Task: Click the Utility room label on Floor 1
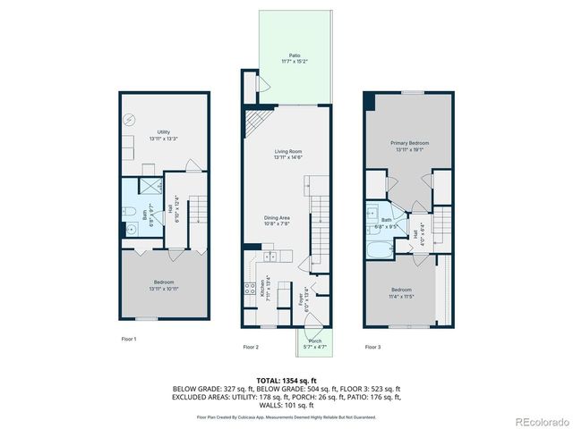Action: coord(163,135)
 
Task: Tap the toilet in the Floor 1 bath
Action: coord(131,229)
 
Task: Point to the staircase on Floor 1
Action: coord(198,214)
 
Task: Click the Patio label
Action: coord(295,57)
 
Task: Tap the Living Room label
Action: coord(287,155)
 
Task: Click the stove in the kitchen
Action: coord(248,290)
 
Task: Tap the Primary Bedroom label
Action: coord(409,147)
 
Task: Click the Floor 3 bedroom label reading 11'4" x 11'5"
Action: coord(401,293)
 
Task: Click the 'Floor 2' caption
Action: coord(251,346)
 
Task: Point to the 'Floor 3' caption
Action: coord(372,346)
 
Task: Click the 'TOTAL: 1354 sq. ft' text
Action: coord(286,380)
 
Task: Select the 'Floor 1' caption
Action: coord(129,339)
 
